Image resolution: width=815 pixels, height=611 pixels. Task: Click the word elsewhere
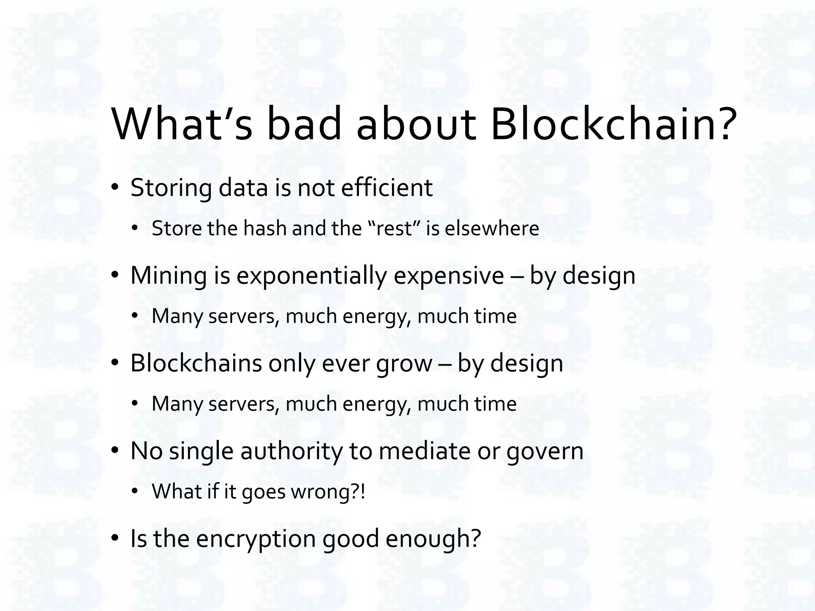pos(492,229)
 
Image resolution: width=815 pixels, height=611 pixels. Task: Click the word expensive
pos(449,276)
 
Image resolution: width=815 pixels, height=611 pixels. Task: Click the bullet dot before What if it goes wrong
pos(135,492)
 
